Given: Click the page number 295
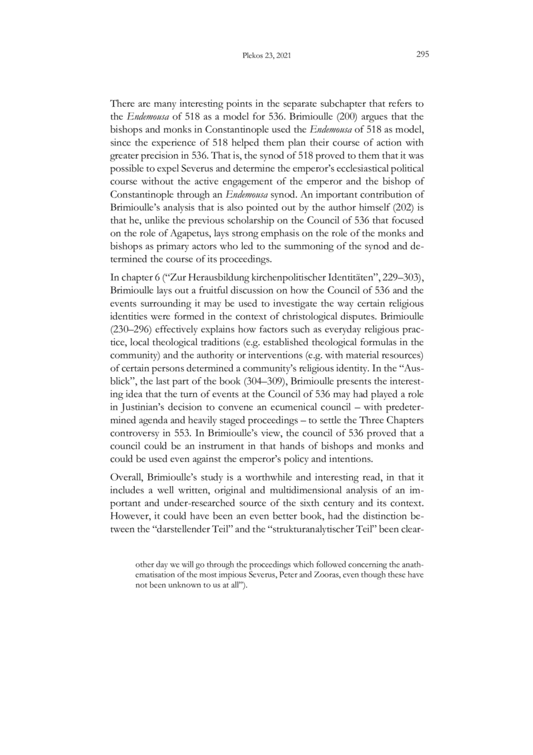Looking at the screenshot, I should click(422, 54).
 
